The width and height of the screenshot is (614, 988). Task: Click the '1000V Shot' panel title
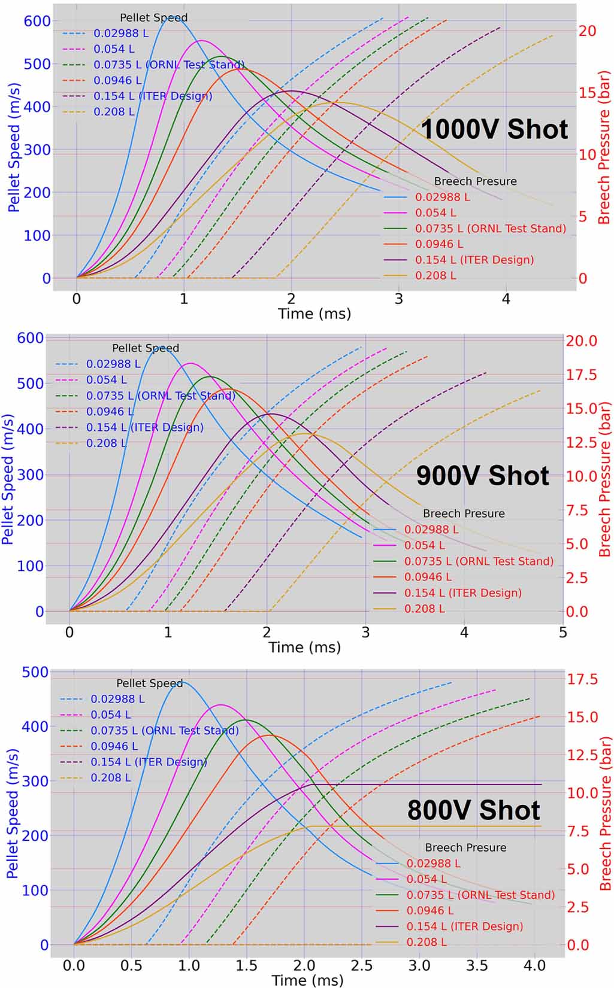[x=494, y=129]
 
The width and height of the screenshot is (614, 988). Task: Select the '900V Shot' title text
[x=482, y=476]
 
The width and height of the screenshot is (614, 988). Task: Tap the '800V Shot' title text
[x=473, y=810]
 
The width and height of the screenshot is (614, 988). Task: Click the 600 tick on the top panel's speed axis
[x=37, y=21]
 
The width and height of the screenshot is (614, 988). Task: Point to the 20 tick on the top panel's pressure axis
[x=587, y=31]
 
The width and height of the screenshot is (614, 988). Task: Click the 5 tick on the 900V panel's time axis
[x=562, y=633]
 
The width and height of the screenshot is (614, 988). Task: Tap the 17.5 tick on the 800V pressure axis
[x=582, y=679]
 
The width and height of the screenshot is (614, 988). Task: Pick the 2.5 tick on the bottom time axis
[x=361, y=965]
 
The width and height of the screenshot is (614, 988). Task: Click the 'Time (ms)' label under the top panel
[x=314, y=314]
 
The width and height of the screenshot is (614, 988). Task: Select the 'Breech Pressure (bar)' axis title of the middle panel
[x=605, y=479]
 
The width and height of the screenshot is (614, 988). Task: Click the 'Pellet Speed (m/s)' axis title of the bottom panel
[x=12, y=814]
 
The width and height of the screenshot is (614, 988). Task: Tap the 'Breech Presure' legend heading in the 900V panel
[x=464, y=513]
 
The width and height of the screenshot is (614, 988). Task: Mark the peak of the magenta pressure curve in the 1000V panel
[x=201, y=41]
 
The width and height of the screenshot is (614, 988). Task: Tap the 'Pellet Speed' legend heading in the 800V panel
[x=149, y=683]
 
